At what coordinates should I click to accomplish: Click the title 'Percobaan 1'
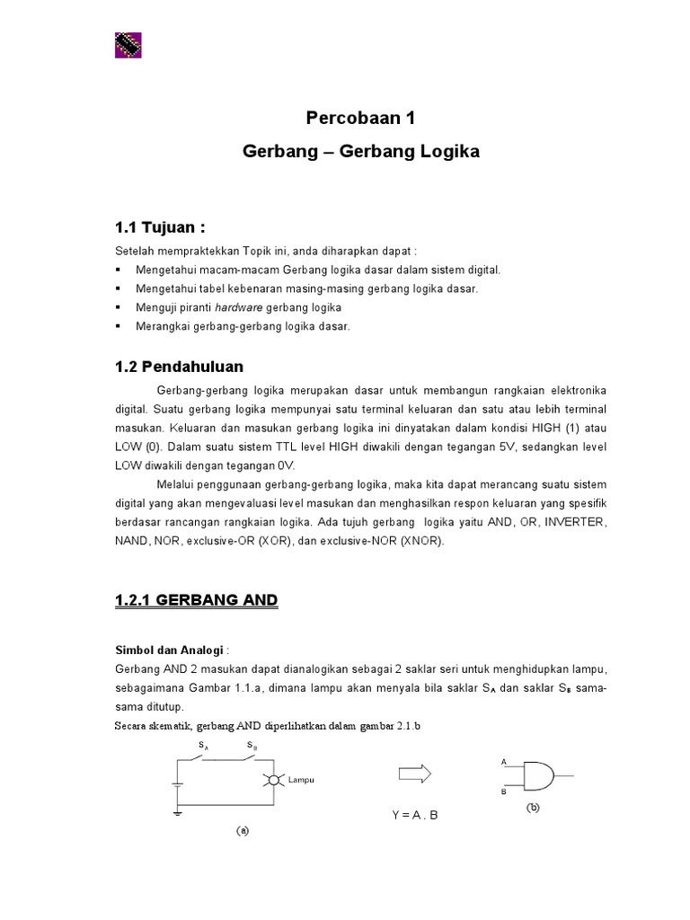click(x=360, y=119)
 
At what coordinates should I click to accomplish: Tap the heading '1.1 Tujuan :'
click(x=167, y=226)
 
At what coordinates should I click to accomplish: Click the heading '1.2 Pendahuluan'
click(x=179, y=367)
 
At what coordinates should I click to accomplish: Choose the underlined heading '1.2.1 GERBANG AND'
click(x=197, y=600)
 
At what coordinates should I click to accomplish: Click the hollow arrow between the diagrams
click(x=414, y=774)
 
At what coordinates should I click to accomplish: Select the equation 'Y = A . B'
click(x=413, y=816)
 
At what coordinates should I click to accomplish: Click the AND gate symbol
click(x=537, y=774)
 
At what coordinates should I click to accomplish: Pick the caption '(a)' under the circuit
click(x=242, y=831)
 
